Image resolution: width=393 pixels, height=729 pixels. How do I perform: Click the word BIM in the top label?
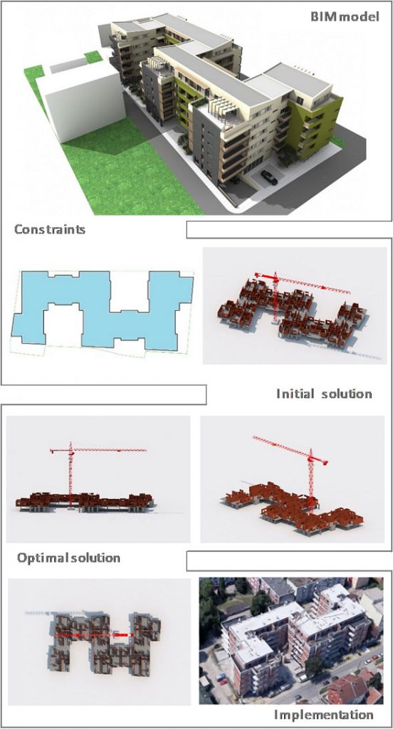click(x=321, y=17)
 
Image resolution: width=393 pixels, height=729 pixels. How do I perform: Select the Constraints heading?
click(x=50, y=229)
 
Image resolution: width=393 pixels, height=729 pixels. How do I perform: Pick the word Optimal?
click(x=42, y=558)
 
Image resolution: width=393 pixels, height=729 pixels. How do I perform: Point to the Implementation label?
click(x=323, y=715)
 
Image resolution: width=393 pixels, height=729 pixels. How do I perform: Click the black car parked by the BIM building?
click(x=269, y=177)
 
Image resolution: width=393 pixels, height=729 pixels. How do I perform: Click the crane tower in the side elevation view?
click(x=70, y=474)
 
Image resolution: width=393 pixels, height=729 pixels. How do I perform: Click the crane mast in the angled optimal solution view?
click(x=311, y=481)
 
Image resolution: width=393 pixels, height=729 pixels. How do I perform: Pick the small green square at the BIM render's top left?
click(x=93, y=57)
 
